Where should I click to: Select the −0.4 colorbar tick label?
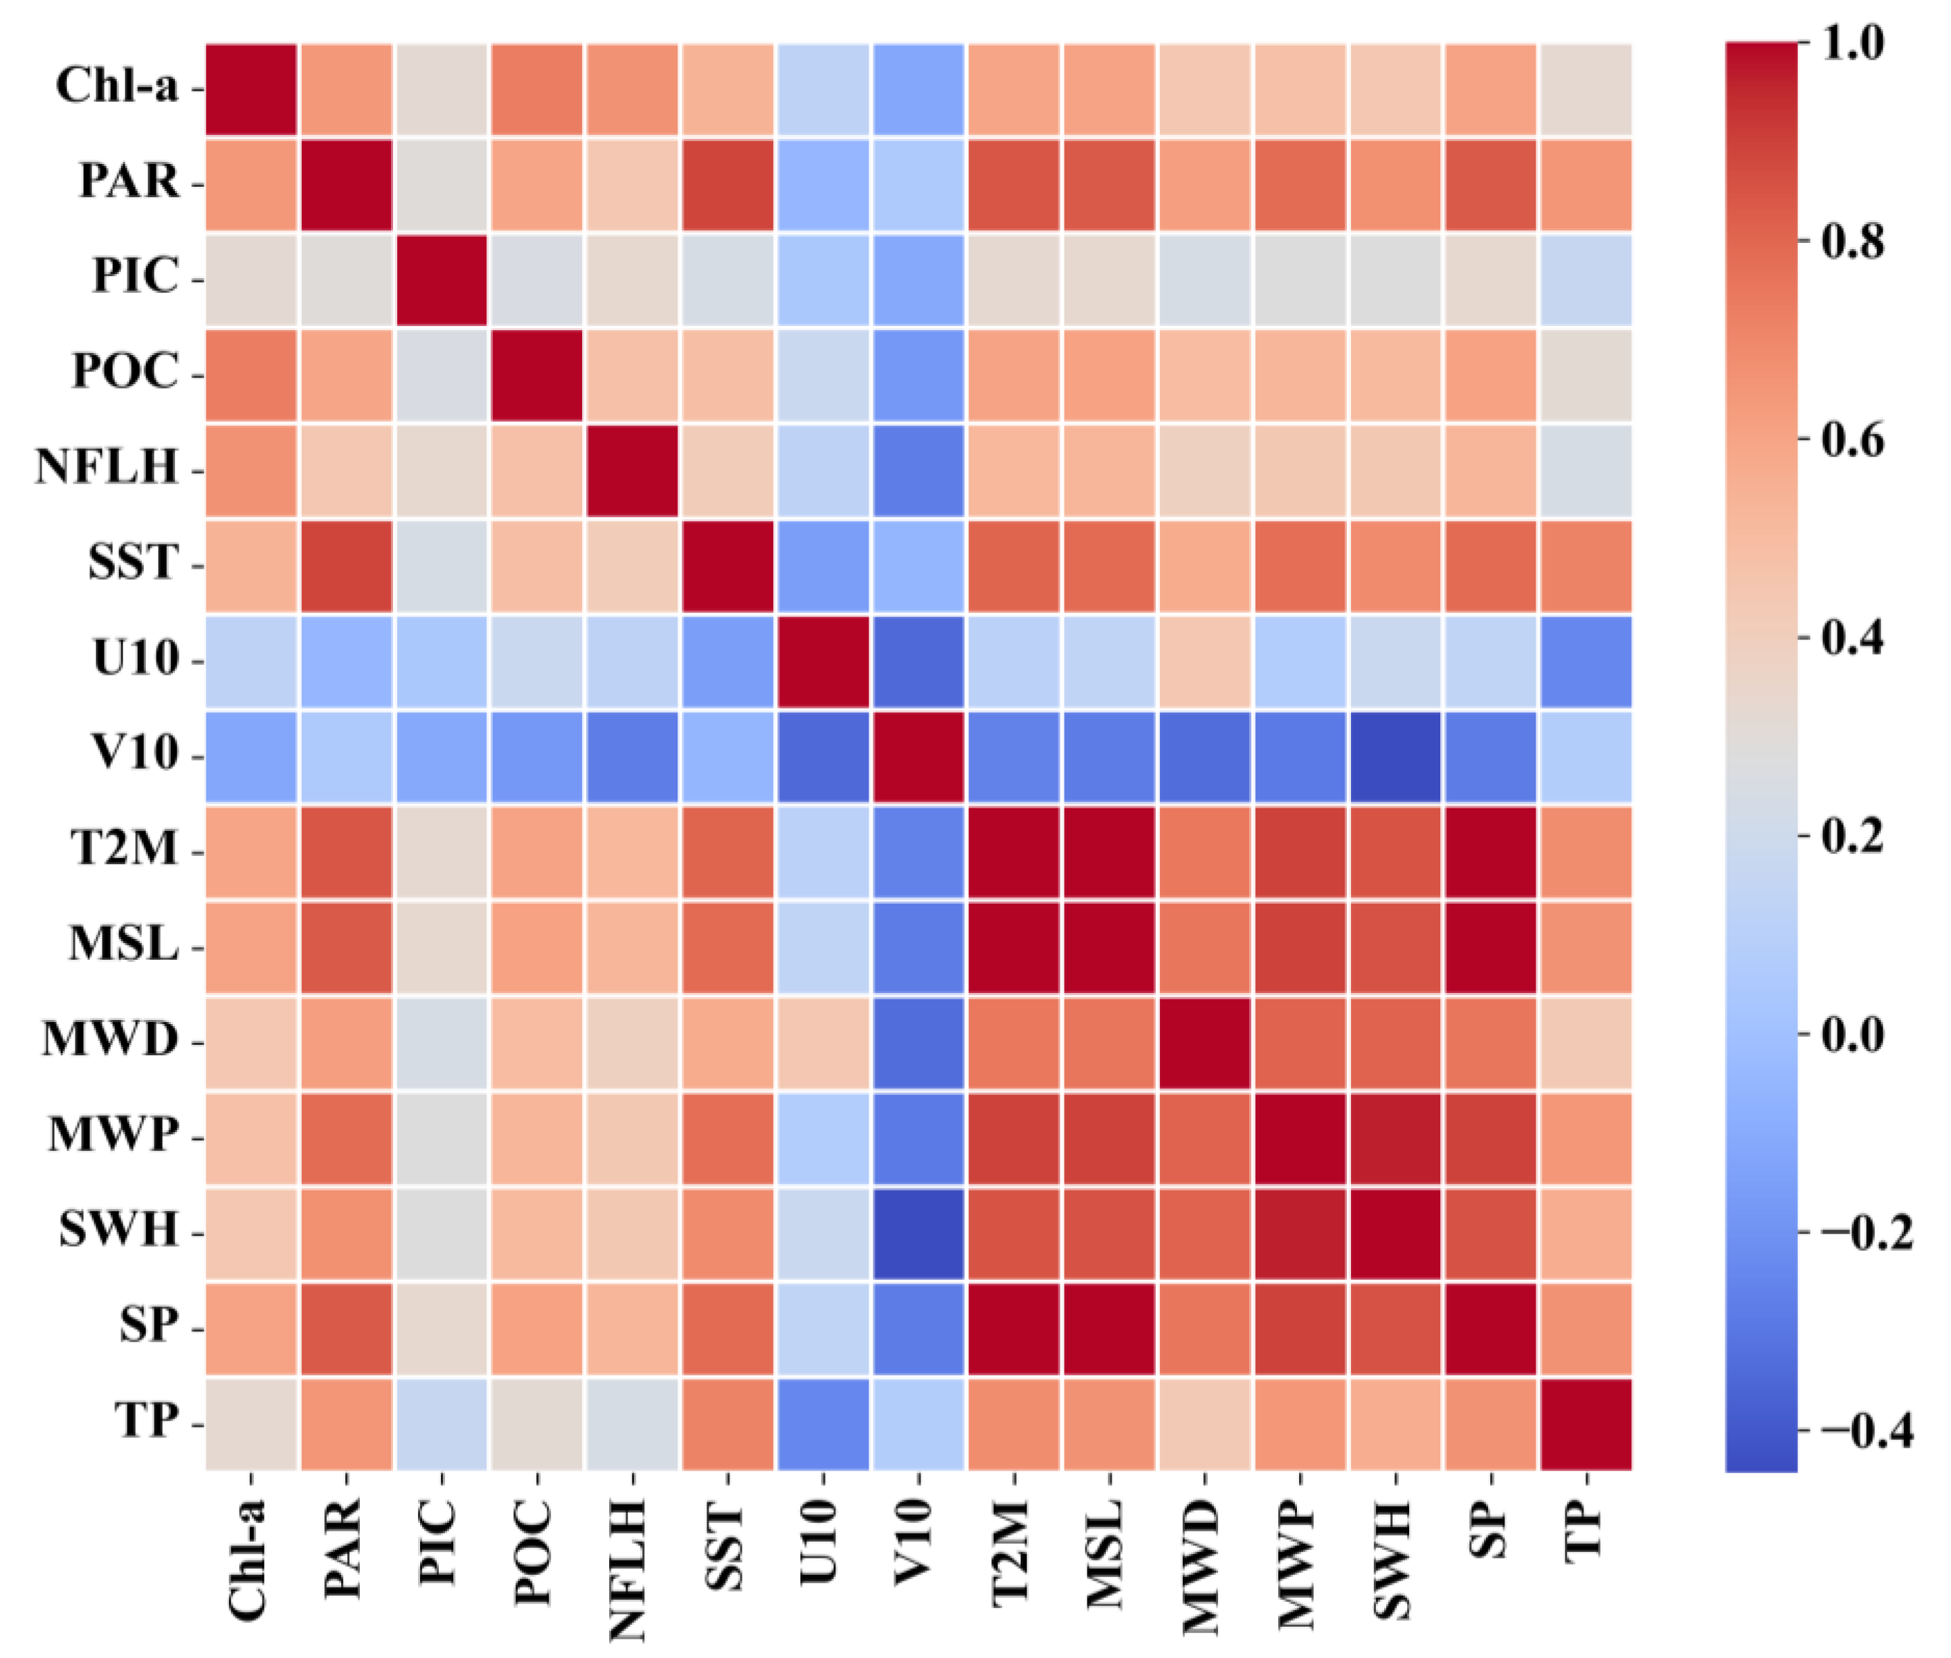coord(1864,1432)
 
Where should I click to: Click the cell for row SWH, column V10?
coord(918,1233)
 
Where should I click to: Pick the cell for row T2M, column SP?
coord(1489,853)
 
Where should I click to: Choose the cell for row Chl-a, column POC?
coord(536,89)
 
